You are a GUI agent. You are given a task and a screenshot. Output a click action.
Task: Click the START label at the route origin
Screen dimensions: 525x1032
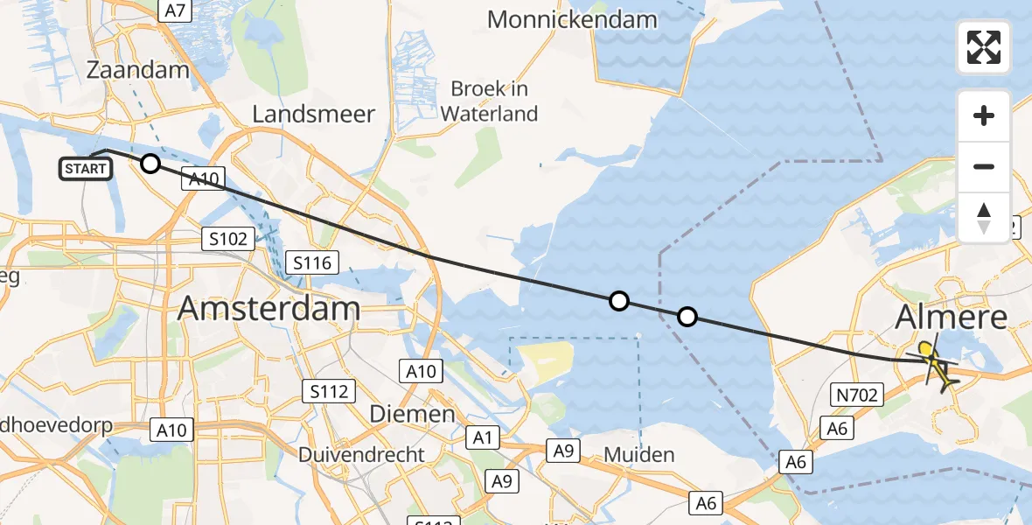(86, 169)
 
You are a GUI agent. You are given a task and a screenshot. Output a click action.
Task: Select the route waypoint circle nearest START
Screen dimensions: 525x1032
(150, 164)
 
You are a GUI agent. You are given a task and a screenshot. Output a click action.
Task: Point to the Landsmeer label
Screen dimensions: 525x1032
(313, 114)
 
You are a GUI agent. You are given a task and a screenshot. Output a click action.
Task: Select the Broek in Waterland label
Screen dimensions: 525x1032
(489, 101)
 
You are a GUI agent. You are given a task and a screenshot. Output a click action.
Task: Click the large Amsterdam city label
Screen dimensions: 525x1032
(269, 308)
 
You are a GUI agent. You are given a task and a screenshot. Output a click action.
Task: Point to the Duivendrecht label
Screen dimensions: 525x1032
(361, 455)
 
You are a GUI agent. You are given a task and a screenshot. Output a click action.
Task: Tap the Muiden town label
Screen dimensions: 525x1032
(638, 454)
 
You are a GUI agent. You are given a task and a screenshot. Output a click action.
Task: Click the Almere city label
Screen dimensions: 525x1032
(952, 318)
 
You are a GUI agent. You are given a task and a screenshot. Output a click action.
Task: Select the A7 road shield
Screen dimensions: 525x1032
(175, 10)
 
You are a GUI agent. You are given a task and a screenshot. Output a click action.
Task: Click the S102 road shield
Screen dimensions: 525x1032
(228, 238)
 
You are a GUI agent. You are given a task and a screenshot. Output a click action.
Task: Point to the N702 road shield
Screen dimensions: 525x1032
(855, 395)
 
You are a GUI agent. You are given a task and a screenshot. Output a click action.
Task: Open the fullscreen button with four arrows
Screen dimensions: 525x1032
(984, 47)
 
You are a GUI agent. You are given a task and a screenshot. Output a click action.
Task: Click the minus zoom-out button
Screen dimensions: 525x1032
(984, 166)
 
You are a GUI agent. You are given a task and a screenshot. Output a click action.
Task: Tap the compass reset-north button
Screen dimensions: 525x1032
(984, 217)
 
